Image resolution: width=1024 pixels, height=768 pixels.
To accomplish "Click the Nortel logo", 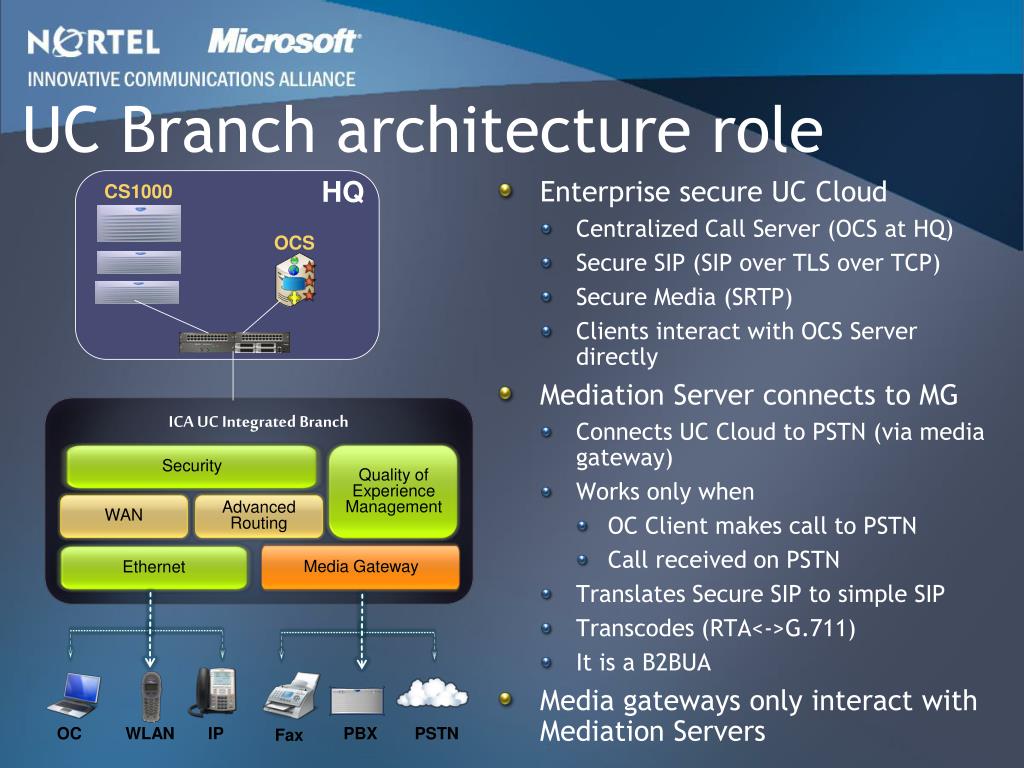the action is point(93,41).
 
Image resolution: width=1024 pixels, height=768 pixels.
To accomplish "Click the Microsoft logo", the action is point(284,40).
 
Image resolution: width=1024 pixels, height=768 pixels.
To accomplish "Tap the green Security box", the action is point(191,466).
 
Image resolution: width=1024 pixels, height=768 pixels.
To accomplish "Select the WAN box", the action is point(123,515).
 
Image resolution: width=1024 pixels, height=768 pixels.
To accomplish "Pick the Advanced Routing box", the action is point(259,515).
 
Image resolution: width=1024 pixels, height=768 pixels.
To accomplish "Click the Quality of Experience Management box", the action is point(393,491).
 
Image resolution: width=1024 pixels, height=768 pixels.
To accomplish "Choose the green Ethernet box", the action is point(154,567).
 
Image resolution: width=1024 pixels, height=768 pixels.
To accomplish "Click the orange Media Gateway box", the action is point(360,567).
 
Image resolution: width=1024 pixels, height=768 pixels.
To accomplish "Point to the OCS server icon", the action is point(296,280).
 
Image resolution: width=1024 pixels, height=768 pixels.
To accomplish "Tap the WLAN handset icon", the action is point(151,697).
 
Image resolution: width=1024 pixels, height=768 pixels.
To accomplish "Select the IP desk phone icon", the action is point(213,692).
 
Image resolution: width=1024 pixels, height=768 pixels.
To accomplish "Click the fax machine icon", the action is point(291,696).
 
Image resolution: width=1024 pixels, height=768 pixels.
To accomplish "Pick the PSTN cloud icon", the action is point(432,694).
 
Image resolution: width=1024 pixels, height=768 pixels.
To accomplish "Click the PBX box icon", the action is point(357,701).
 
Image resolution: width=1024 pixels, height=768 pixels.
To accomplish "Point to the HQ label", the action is point(342,193).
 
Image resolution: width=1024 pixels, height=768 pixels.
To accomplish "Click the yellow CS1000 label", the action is point(138,191).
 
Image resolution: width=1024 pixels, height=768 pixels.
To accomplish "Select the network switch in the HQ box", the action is point(235,342).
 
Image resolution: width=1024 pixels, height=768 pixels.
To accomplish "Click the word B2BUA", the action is point(676,662).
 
